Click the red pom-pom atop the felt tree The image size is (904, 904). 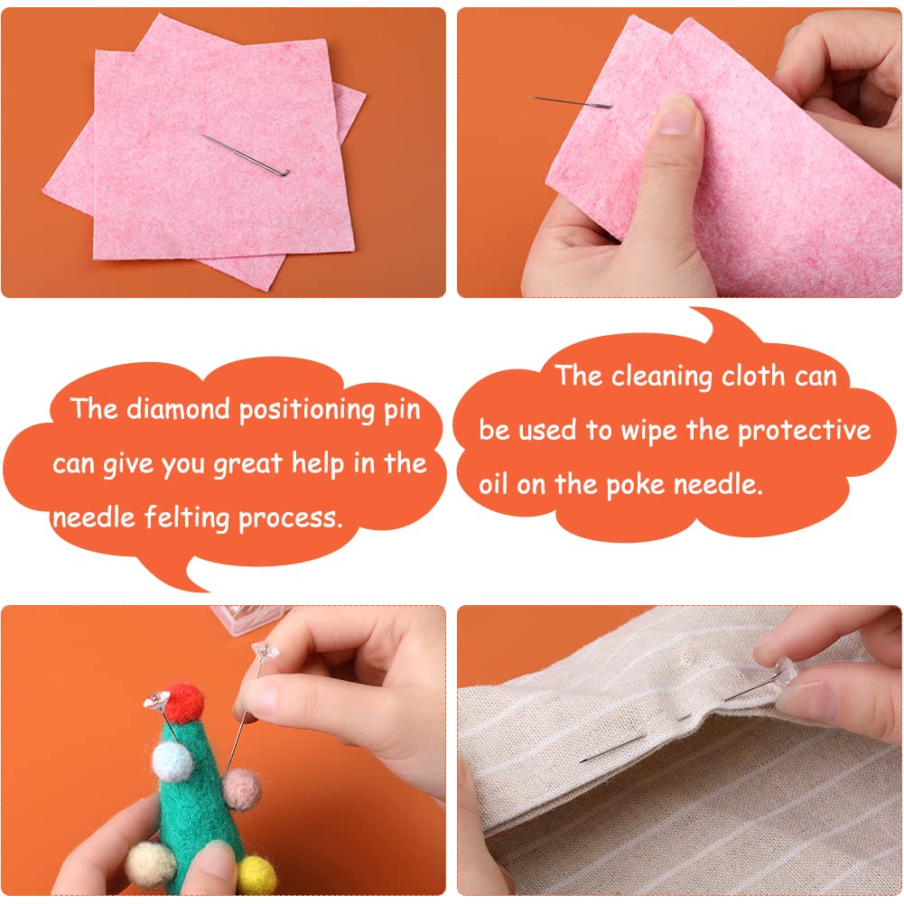click(x=184, y=703)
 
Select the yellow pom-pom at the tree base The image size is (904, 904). click(x=257, y=874)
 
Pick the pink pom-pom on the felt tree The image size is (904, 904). click(x=242, y=789)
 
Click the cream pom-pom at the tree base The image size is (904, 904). click(x=151, y=865)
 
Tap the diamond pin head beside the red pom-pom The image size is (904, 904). click(x=156, y=701)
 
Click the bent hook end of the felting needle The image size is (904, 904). click(x=284, y=172)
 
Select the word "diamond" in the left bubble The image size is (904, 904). click(x=178, y=409)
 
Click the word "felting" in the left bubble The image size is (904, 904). click(x=187, y=517)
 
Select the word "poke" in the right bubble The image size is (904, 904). click(x=637, y=486)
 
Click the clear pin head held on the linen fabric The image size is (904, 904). click(x=785, y=676)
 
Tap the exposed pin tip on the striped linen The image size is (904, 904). click(x=612, y=748)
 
